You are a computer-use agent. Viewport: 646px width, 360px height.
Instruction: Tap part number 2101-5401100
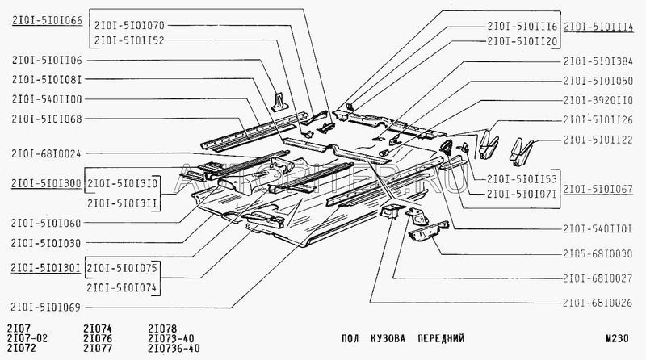(47, 98)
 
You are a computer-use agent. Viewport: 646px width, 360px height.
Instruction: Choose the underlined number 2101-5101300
(46, 183)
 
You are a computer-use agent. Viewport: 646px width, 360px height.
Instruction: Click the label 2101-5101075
(122, 267)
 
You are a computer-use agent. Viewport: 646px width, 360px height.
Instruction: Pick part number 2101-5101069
(47, 306)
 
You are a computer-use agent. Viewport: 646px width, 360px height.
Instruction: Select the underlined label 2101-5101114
(598, 26)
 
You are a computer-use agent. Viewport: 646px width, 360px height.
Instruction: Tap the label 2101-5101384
(598, 61)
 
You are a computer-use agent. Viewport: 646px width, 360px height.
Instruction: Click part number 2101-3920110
(598, 101)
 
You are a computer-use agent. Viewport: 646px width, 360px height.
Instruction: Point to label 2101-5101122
(598, 140)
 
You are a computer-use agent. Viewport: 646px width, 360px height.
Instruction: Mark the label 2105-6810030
(598, 253)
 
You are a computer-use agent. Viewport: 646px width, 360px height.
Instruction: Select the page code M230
(615, 338)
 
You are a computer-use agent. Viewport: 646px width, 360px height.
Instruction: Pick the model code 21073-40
(173, 338)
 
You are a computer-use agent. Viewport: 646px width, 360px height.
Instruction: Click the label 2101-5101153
(518, 180)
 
